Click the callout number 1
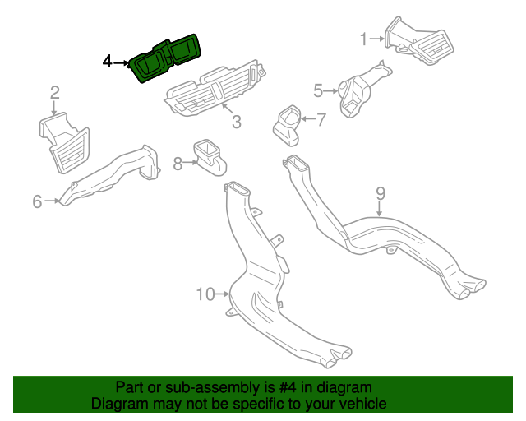coord(364,39)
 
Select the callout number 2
coord(54,93)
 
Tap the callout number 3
coord(236,123)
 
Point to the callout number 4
coord(107,62)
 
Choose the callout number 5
coord(318,90)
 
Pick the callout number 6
coord(37,201)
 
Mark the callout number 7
coord(321,119)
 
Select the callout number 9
coord(381,194)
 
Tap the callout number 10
coord(205,294)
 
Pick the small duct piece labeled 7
coord(288,123)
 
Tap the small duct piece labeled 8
coord(209,156)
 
